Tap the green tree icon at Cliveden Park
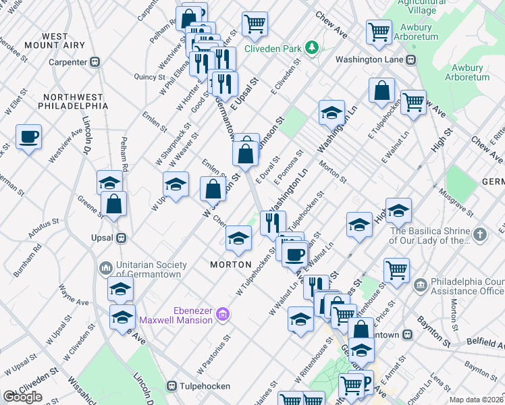(x=311, y=47)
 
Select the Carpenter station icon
(x=95, y=61)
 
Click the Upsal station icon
(x=122, y=238)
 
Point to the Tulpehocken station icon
(x=172, y=387)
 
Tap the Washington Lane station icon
(x=410, y=59)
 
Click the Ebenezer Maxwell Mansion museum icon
(x=224, y=315)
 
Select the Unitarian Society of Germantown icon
(x=105, y=269)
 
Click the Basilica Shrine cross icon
(x=480, y=235)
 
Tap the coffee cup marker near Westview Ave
(x=28, y=137)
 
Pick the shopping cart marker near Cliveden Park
(x=255, y=24)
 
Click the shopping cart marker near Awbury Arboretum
(x=379, y=31)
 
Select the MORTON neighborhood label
(x=230, y=265)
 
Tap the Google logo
(x=22, y=397)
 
